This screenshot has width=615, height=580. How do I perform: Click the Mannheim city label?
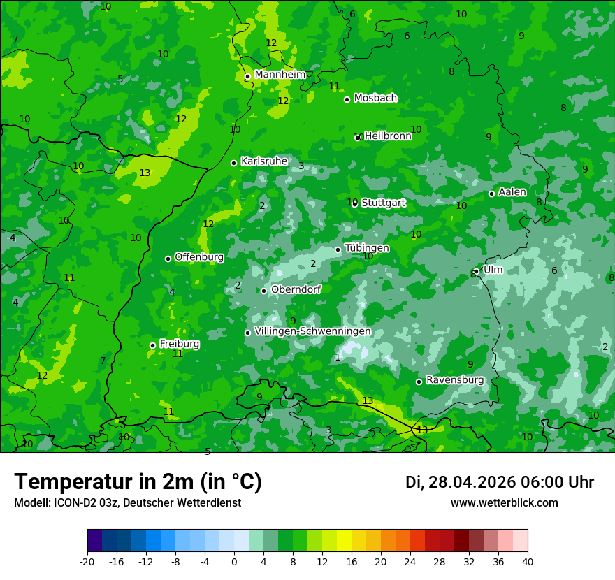pyautogui.click(x=280, y=75)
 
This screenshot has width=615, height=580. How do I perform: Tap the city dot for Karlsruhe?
pyautogui.click(x=234, y=163)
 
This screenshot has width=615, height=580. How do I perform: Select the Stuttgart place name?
pyautogui.click(x=383, y=203)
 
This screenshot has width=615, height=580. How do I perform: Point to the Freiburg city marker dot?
pyautogui.click(x=152, y=345)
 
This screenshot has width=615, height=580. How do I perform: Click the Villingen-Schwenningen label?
pyautogui.click(x=312, y=331)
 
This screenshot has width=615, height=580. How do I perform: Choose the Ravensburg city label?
pyautogui.click(x=454, y=380)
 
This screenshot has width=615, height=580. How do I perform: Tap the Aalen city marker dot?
pyautogui.click(x=491, y=194)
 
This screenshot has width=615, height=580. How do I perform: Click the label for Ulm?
pyautogui.click(x=493, y=270)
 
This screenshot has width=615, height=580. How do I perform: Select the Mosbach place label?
pyautogui.click(x=375, y=99)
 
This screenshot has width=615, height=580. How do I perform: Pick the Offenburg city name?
pyautogui.click(x=199, y=257)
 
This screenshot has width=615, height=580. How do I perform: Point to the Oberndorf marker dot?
pyautogui.click(x=263, y=291)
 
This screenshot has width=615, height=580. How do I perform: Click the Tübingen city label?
pyautogui.click(x=367, y=248)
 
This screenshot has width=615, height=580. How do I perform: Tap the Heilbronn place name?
pyautogui.click(x=388, y=136)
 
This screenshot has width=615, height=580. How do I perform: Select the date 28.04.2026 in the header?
pyautogui.click(x=472, y=482)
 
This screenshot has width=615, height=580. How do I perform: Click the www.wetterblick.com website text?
pyautogui.click(x=504, y=503)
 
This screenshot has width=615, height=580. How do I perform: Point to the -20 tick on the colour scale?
pyautogui.click(x=87, y=561)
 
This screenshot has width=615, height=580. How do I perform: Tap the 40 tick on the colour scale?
pyautogui.click(x=528, y=561)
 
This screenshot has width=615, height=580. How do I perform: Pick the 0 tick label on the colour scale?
pyautogui.click(x=234, y=561)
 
